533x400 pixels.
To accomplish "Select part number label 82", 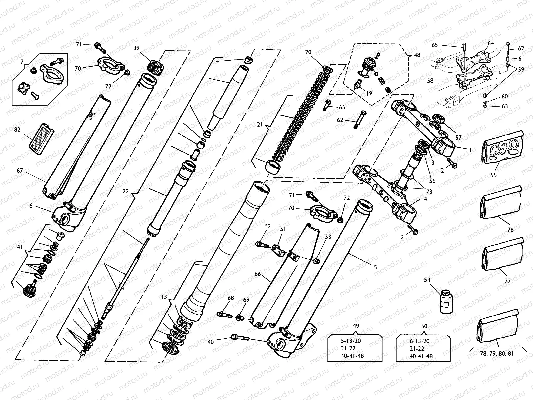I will point(18,129).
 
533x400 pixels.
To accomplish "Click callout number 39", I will point(136,48).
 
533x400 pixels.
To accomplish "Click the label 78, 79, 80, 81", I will point(497,353).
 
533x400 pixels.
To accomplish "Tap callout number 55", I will point(493,175).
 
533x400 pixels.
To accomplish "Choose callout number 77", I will point(507,281).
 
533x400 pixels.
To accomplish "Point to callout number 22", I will point(126,191).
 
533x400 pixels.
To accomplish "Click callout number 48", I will point(417,55).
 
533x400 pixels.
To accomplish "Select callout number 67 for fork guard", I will point(20,171).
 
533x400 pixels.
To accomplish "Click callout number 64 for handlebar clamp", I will point(491,43).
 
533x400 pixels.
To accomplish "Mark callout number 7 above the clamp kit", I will point(22,62).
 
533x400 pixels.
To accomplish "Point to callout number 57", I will point(459,137).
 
